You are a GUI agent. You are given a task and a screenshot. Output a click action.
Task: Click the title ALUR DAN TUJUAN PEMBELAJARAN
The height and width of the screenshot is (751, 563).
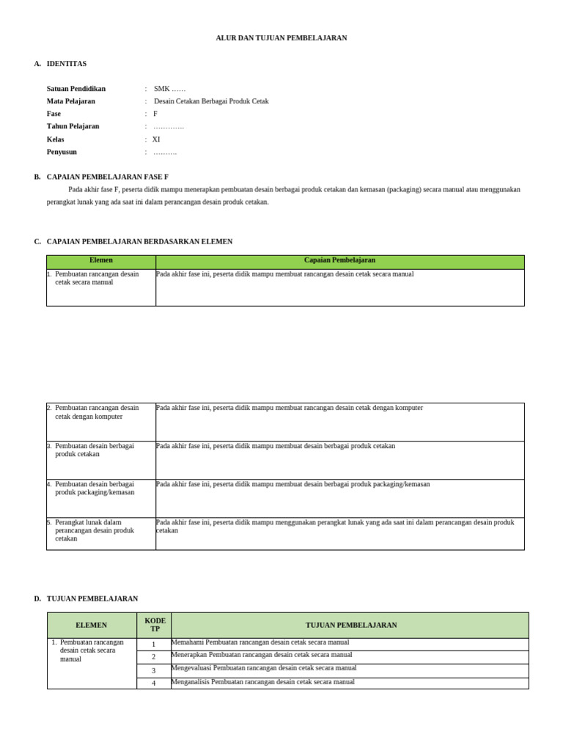pyautogui.click(x=281, y=38)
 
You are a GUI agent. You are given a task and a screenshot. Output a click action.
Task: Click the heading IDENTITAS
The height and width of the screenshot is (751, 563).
pyautogui.click(x=67, y=64)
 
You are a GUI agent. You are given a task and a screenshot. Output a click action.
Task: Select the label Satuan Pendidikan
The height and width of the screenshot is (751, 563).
pyautogui.click(x=76, y=89)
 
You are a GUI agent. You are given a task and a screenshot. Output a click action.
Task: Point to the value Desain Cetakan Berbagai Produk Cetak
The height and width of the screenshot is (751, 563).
pyautogui.click(x=211, y=101)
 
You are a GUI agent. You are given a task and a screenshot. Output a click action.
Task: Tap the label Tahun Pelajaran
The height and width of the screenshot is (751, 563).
pyautogui.click(x=73, y=126)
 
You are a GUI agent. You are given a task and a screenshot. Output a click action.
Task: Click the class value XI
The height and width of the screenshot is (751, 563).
pyautogui.click(x=156, y=139)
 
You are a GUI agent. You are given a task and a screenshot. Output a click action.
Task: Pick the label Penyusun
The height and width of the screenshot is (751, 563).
pyautogui.click(x=62, y=152)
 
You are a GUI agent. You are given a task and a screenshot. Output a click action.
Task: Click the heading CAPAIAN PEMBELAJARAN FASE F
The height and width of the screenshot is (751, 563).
pyautogui.click(x=108, y=177)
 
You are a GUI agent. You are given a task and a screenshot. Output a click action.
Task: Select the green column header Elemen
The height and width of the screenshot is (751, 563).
pyautogui.click(x=101, y=260)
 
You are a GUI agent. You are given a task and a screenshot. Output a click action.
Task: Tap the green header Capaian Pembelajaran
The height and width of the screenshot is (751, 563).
pyautogui.click(x=339, y=260)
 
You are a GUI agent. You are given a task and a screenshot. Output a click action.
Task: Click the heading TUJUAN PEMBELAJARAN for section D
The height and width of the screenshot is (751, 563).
pyautogui.click(x=92, y=598)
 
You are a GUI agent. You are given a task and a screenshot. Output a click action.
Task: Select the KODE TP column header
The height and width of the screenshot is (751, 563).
pyautogui.click(x=155, y=625)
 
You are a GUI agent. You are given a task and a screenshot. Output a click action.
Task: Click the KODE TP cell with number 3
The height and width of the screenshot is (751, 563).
pyautogui.click(x=154, y=670)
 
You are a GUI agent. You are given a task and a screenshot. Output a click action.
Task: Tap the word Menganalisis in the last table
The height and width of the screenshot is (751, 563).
pyautogui.click(x=190, y=682)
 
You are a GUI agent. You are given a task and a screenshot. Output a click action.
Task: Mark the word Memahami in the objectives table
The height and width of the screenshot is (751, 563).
pyautogui.click(x=188, y=642)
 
